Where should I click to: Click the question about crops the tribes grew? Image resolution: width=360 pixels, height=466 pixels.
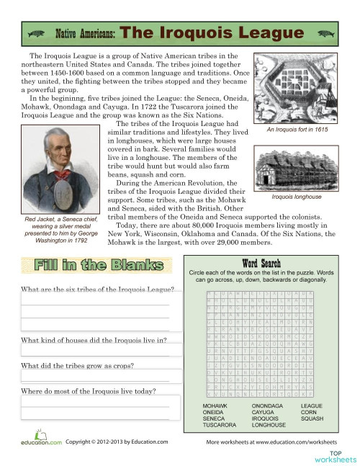click(78, 365)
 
